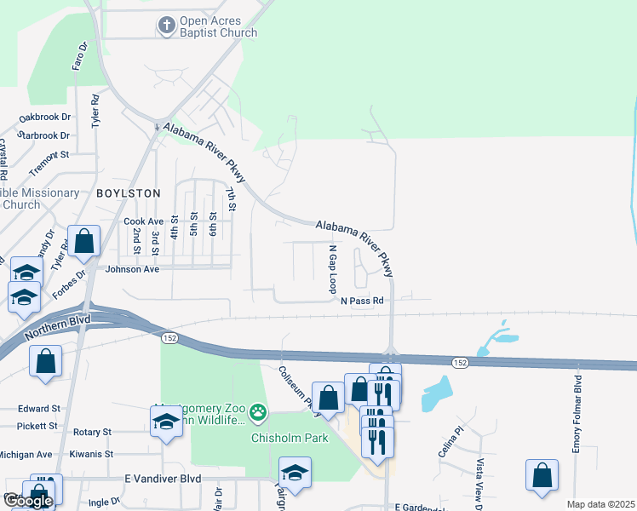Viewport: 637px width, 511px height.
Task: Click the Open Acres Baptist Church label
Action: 218,27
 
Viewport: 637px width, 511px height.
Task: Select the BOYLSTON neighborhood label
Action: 128,193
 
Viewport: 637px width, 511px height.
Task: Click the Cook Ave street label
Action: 143,221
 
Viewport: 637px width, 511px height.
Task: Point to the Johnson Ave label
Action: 132,269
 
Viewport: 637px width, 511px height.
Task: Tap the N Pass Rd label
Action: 363,301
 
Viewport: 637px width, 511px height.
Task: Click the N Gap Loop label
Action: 334,269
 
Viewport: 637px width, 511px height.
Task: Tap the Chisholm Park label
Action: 278,439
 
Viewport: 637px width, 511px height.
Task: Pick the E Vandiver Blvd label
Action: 162,479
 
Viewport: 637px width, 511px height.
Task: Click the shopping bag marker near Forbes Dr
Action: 84,242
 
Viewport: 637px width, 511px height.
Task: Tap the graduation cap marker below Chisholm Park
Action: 295,473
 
